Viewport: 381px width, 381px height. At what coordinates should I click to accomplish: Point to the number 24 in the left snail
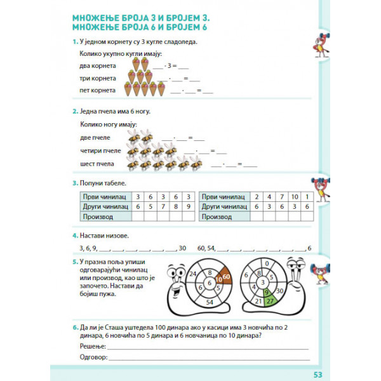click(192, 274)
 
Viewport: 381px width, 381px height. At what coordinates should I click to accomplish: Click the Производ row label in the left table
click(98, 217)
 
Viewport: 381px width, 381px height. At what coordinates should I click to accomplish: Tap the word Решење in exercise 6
click(93, 345)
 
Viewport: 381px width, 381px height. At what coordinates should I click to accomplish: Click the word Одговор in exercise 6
click(94, 358)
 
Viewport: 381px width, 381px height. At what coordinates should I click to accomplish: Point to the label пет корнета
click(98, 90)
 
